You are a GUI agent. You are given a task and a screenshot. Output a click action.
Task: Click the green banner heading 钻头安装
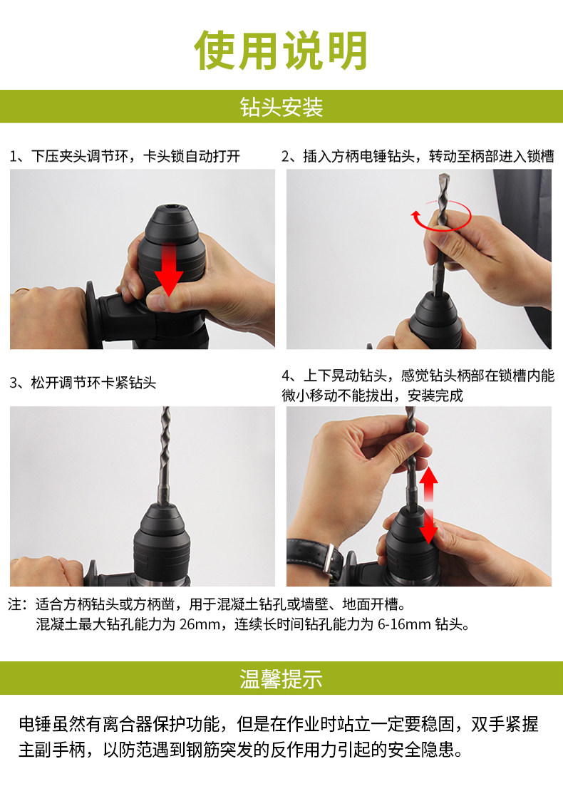pyautogui.click(x=281, y=108)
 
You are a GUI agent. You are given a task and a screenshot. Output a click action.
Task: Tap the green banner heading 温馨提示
pyautogui.click(x=281, y=679)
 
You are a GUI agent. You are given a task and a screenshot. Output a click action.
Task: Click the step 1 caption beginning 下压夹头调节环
pyautogui.click(x=125, y=156)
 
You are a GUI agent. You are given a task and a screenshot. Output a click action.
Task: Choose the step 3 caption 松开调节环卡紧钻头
pyautogui.click(x=83, y=383)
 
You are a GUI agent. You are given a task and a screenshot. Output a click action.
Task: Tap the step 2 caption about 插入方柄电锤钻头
pyautogui.click(x=418, y=156)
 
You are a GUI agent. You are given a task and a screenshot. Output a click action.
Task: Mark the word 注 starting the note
pyautogui.click(x=16, y=605)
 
